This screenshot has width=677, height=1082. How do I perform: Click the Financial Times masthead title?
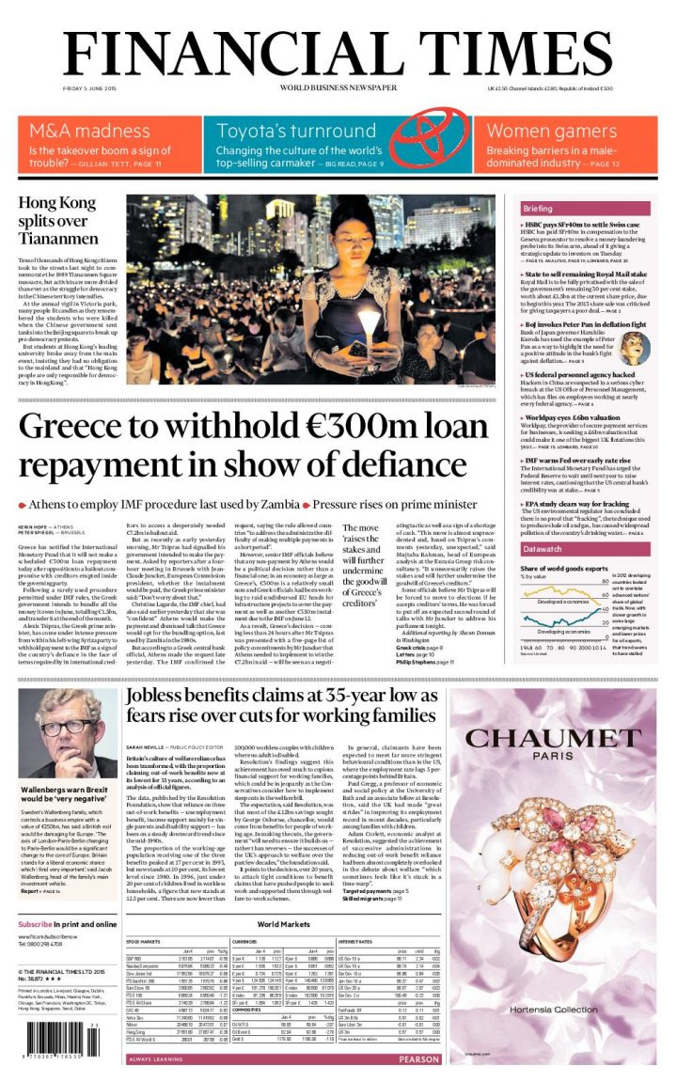[x=338, y=49]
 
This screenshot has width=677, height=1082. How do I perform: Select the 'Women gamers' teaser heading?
[x=552, y=131]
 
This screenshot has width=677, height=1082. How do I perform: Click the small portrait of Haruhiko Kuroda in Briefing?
[x=635, y=348]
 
